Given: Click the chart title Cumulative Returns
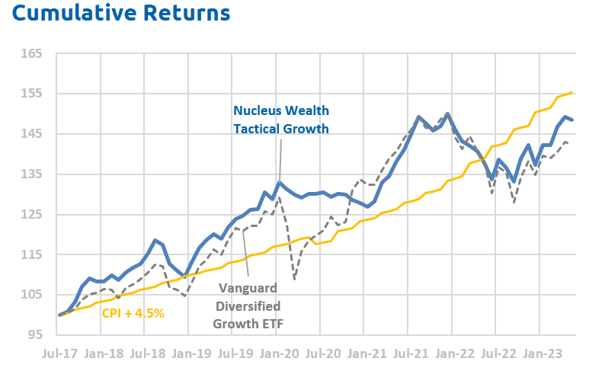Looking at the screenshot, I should pos(115,14).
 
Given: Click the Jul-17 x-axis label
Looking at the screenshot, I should pos(60,354).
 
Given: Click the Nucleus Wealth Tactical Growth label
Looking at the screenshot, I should pos(280,119).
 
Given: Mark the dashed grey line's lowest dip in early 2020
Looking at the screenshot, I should pos(295,279).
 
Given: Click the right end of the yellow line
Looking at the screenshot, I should pos(572,93).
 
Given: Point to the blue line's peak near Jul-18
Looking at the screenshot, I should pos(155,240).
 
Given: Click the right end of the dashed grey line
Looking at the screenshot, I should pos(572,143).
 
